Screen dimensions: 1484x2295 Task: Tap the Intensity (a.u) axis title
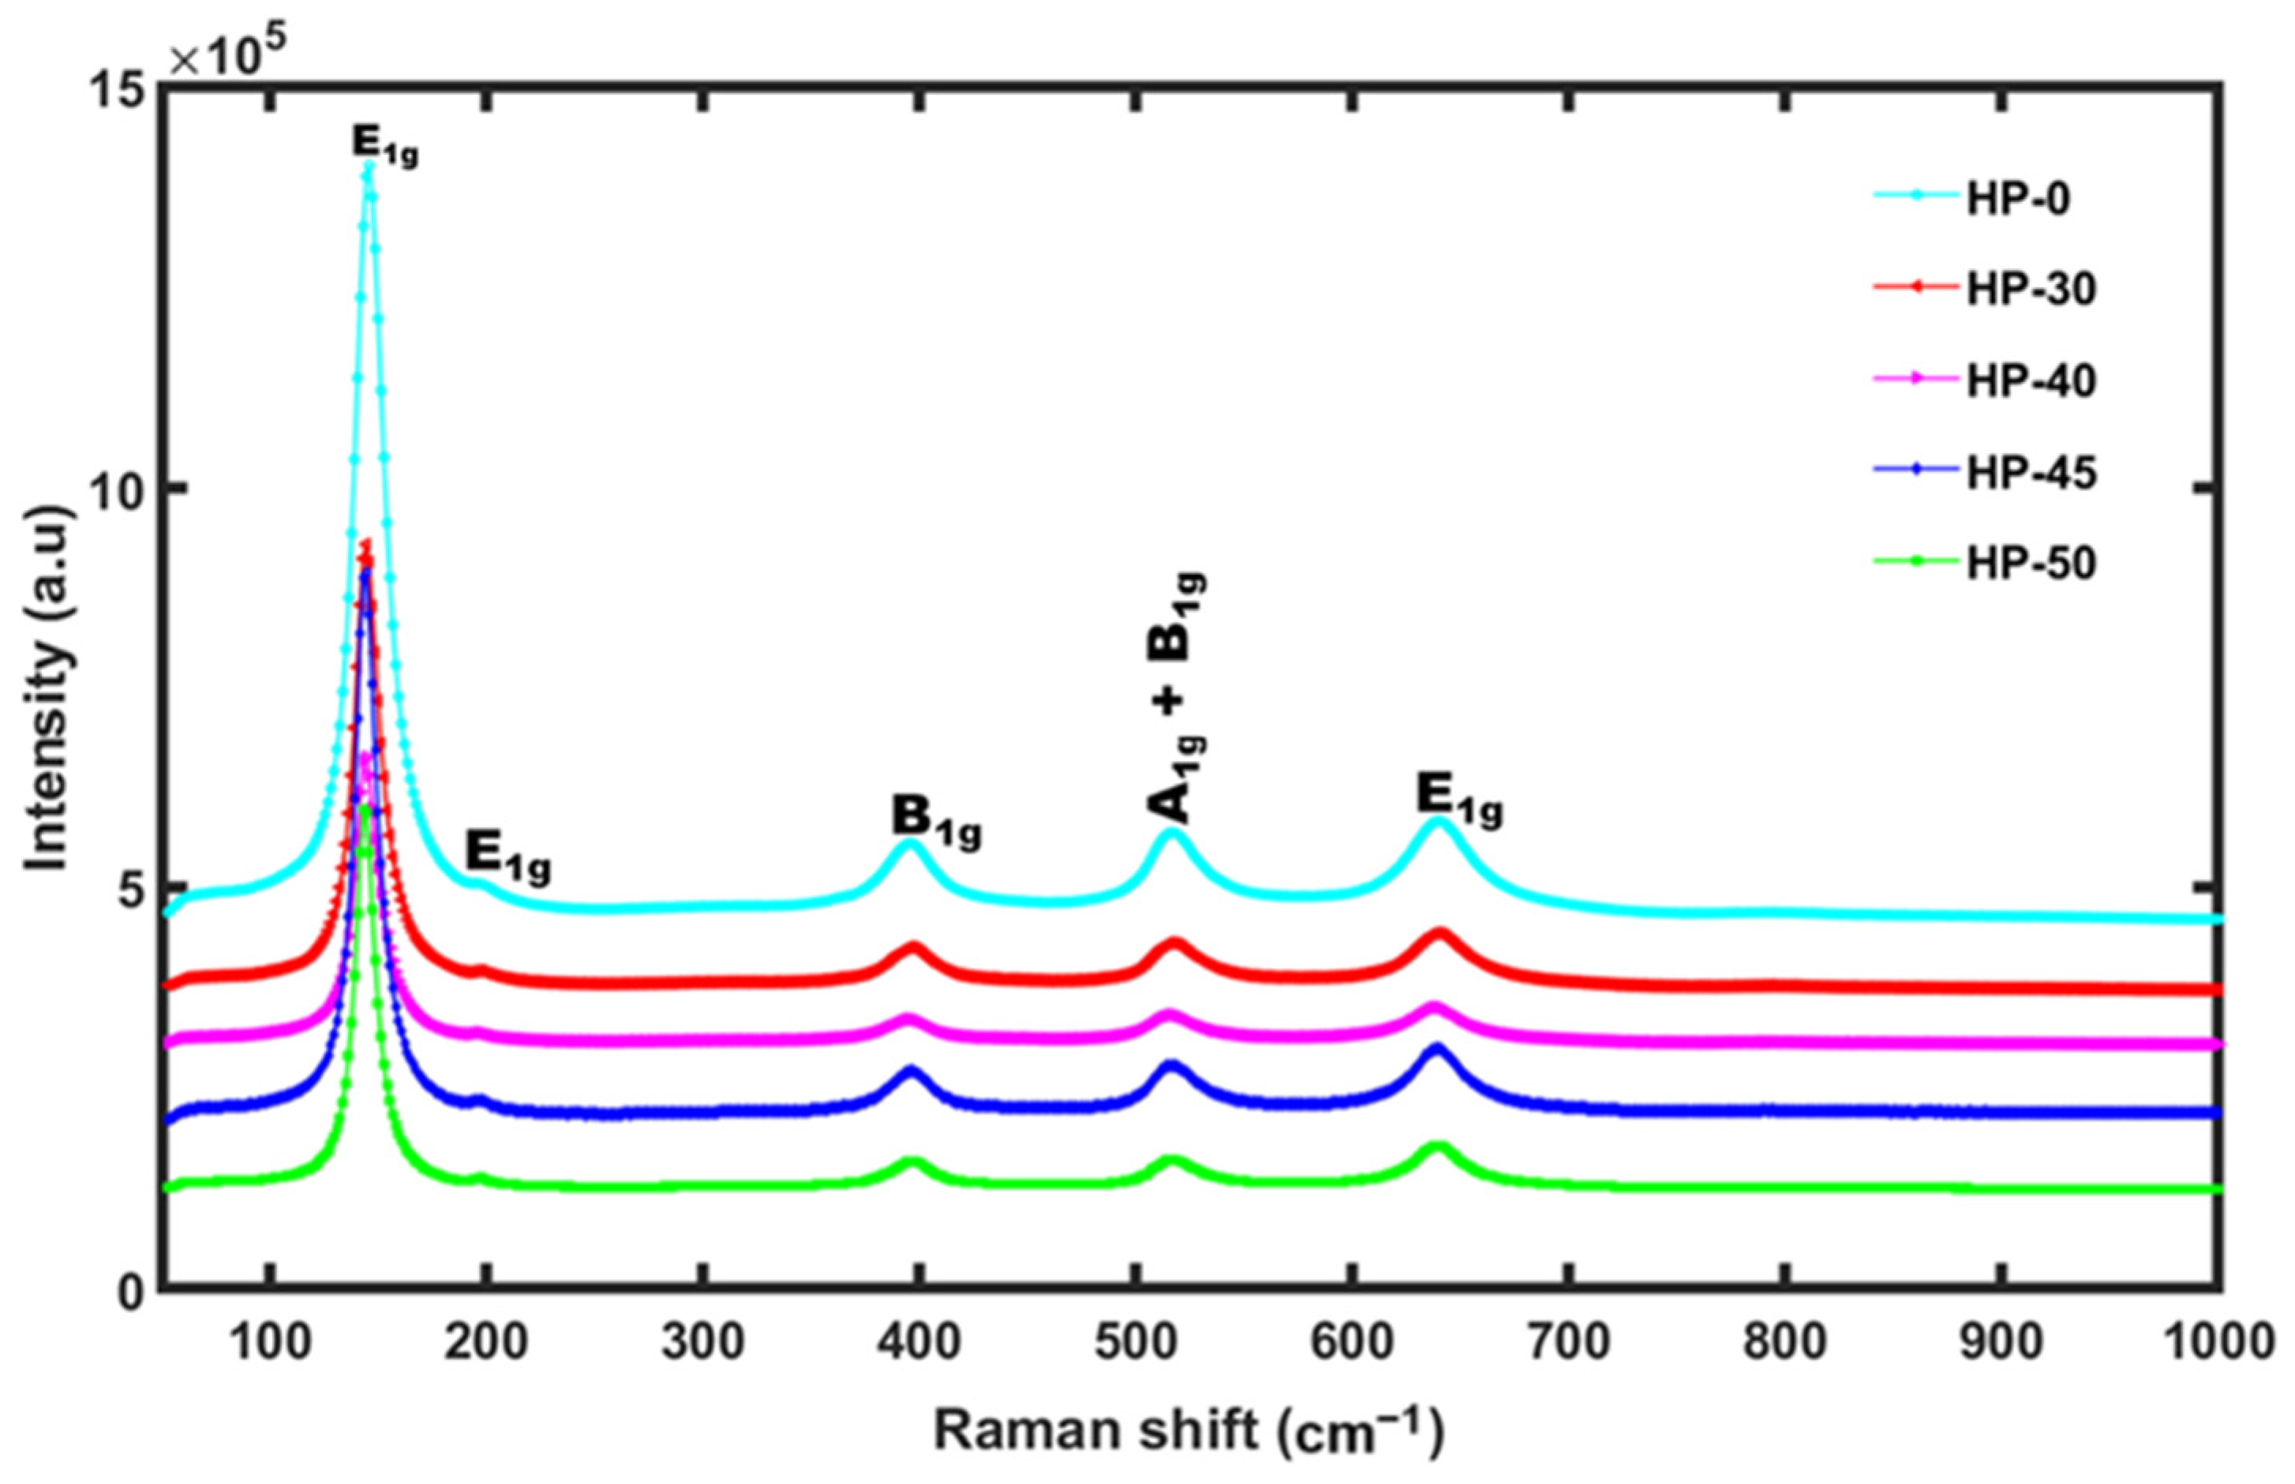(47, 690)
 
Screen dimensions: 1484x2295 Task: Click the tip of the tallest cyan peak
(367, 167)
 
